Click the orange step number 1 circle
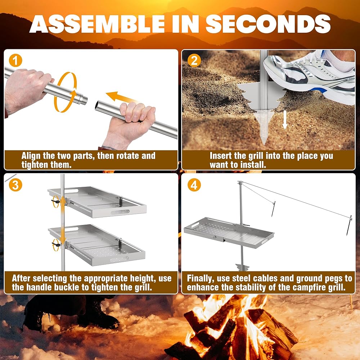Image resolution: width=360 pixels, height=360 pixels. (15, 61)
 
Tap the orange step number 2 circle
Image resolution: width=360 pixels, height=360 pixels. (194, 61)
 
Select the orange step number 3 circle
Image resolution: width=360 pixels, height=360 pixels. (15, 185)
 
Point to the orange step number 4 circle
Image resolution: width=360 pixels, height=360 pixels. (194, 185)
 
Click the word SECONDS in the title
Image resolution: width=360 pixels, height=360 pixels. (268, 24)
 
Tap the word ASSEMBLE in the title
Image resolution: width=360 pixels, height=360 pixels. (97, 24)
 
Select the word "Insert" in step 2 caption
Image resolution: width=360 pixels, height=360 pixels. (221, 156)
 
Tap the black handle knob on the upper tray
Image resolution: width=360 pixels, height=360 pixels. (55, 202)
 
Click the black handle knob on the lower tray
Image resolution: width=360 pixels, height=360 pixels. (56, 244)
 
